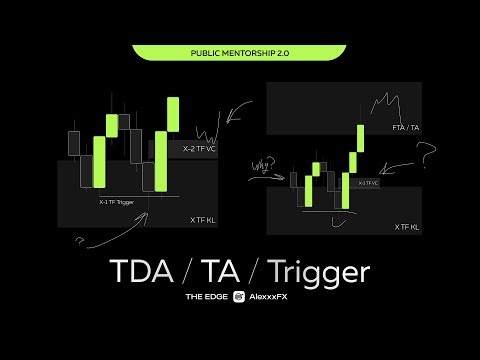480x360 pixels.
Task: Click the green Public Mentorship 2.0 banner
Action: [239, 51]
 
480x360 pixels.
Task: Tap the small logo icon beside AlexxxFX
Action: [239, 297]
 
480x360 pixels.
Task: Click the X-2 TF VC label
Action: [199, 148]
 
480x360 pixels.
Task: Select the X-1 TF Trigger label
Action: [117, 202]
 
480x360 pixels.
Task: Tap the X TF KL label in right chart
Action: [407, 227]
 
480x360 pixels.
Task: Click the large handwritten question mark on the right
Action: [427, 155]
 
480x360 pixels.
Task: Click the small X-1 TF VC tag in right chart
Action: [368, 183]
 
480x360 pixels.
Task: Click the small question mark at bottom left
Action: [79, 240]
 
